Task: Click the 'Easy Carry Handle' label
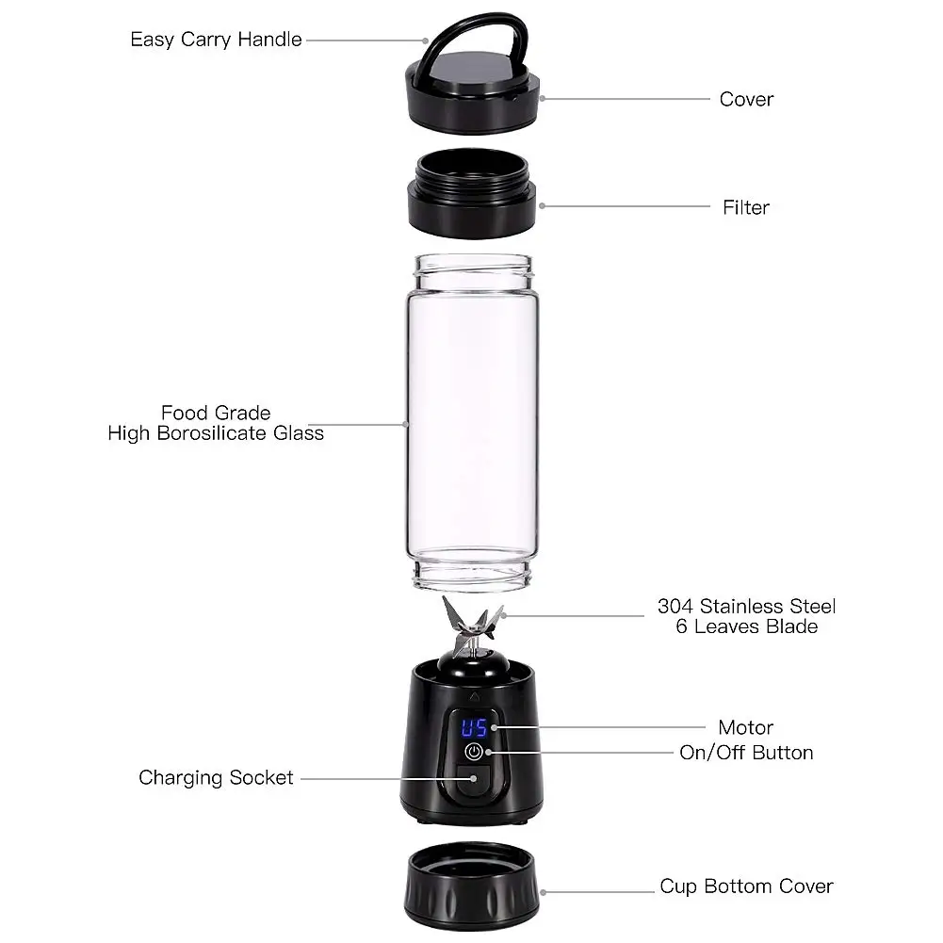216,40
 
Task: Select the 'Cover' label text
746,99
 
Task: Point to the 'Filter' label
746,207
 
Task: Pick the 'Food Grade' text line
216,413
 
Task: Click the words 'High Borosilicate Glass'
216,433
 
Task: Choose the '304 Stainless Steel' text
746,607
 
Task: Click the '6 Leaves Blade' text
746,626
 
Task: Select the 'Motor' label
745,727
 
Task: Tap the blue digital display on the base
474,727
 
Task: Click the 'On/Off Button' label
746,752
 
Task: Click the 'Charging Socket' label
216,777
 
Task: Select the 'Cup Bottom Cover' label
746,886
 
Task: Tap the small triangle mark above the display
474,698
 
